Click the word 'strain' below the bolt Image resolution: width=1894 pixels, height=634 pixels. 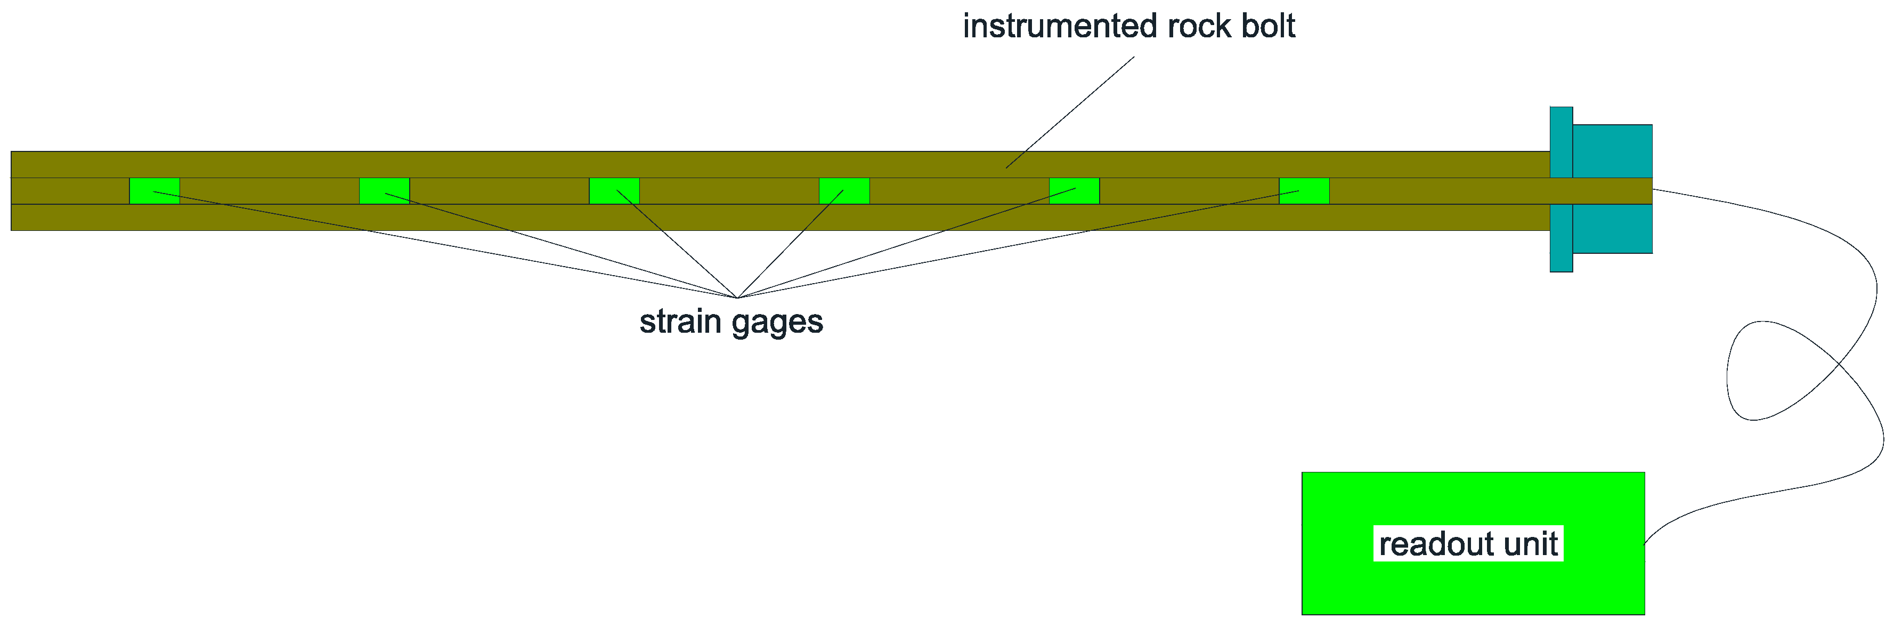(x=680, y=322)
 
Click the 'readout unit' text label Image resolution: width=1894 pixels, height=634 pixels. (x=1468, y=544)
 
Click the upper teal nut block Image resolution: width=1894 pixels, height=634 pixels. (x=1612, y=151)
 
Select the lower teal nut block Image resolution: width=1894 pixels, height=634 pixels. (x=1612, y=229)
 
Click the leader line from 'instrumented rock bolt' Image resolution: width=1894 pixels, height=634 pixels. (x=1070, y=113)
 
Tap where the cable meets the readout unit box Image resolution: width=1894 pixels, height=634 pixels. (x=1646, y=543)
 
